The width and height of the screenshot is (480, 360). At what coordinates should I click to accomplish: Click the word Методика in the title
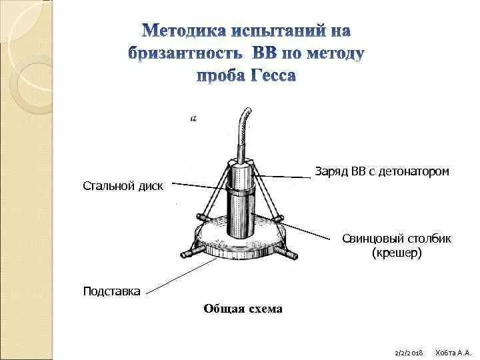[182, 31]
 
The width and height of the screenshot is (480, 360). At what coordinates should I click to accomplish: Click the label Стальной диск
[123, 185]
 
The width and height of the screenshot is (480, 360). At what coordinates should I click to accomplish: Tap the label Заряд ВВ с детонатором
[382, 171]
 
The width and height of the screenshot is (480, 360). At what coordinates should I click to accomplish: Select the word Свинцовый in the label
[369, 239]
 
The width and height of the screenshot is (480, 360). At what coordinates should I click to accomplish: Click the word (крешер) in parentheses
[397, 253]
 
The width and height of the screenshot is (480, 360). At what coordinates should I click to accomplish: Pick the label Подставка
[111, 291]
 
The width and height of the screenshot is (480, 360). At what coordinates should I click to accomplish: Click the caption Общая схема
[243, 309]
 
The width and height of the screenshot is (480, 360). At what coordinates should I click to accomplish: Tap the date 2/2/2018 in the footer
[409, 351]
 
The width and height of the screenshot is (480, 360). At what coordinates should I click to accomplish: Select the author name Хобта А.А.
[453, 351]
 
